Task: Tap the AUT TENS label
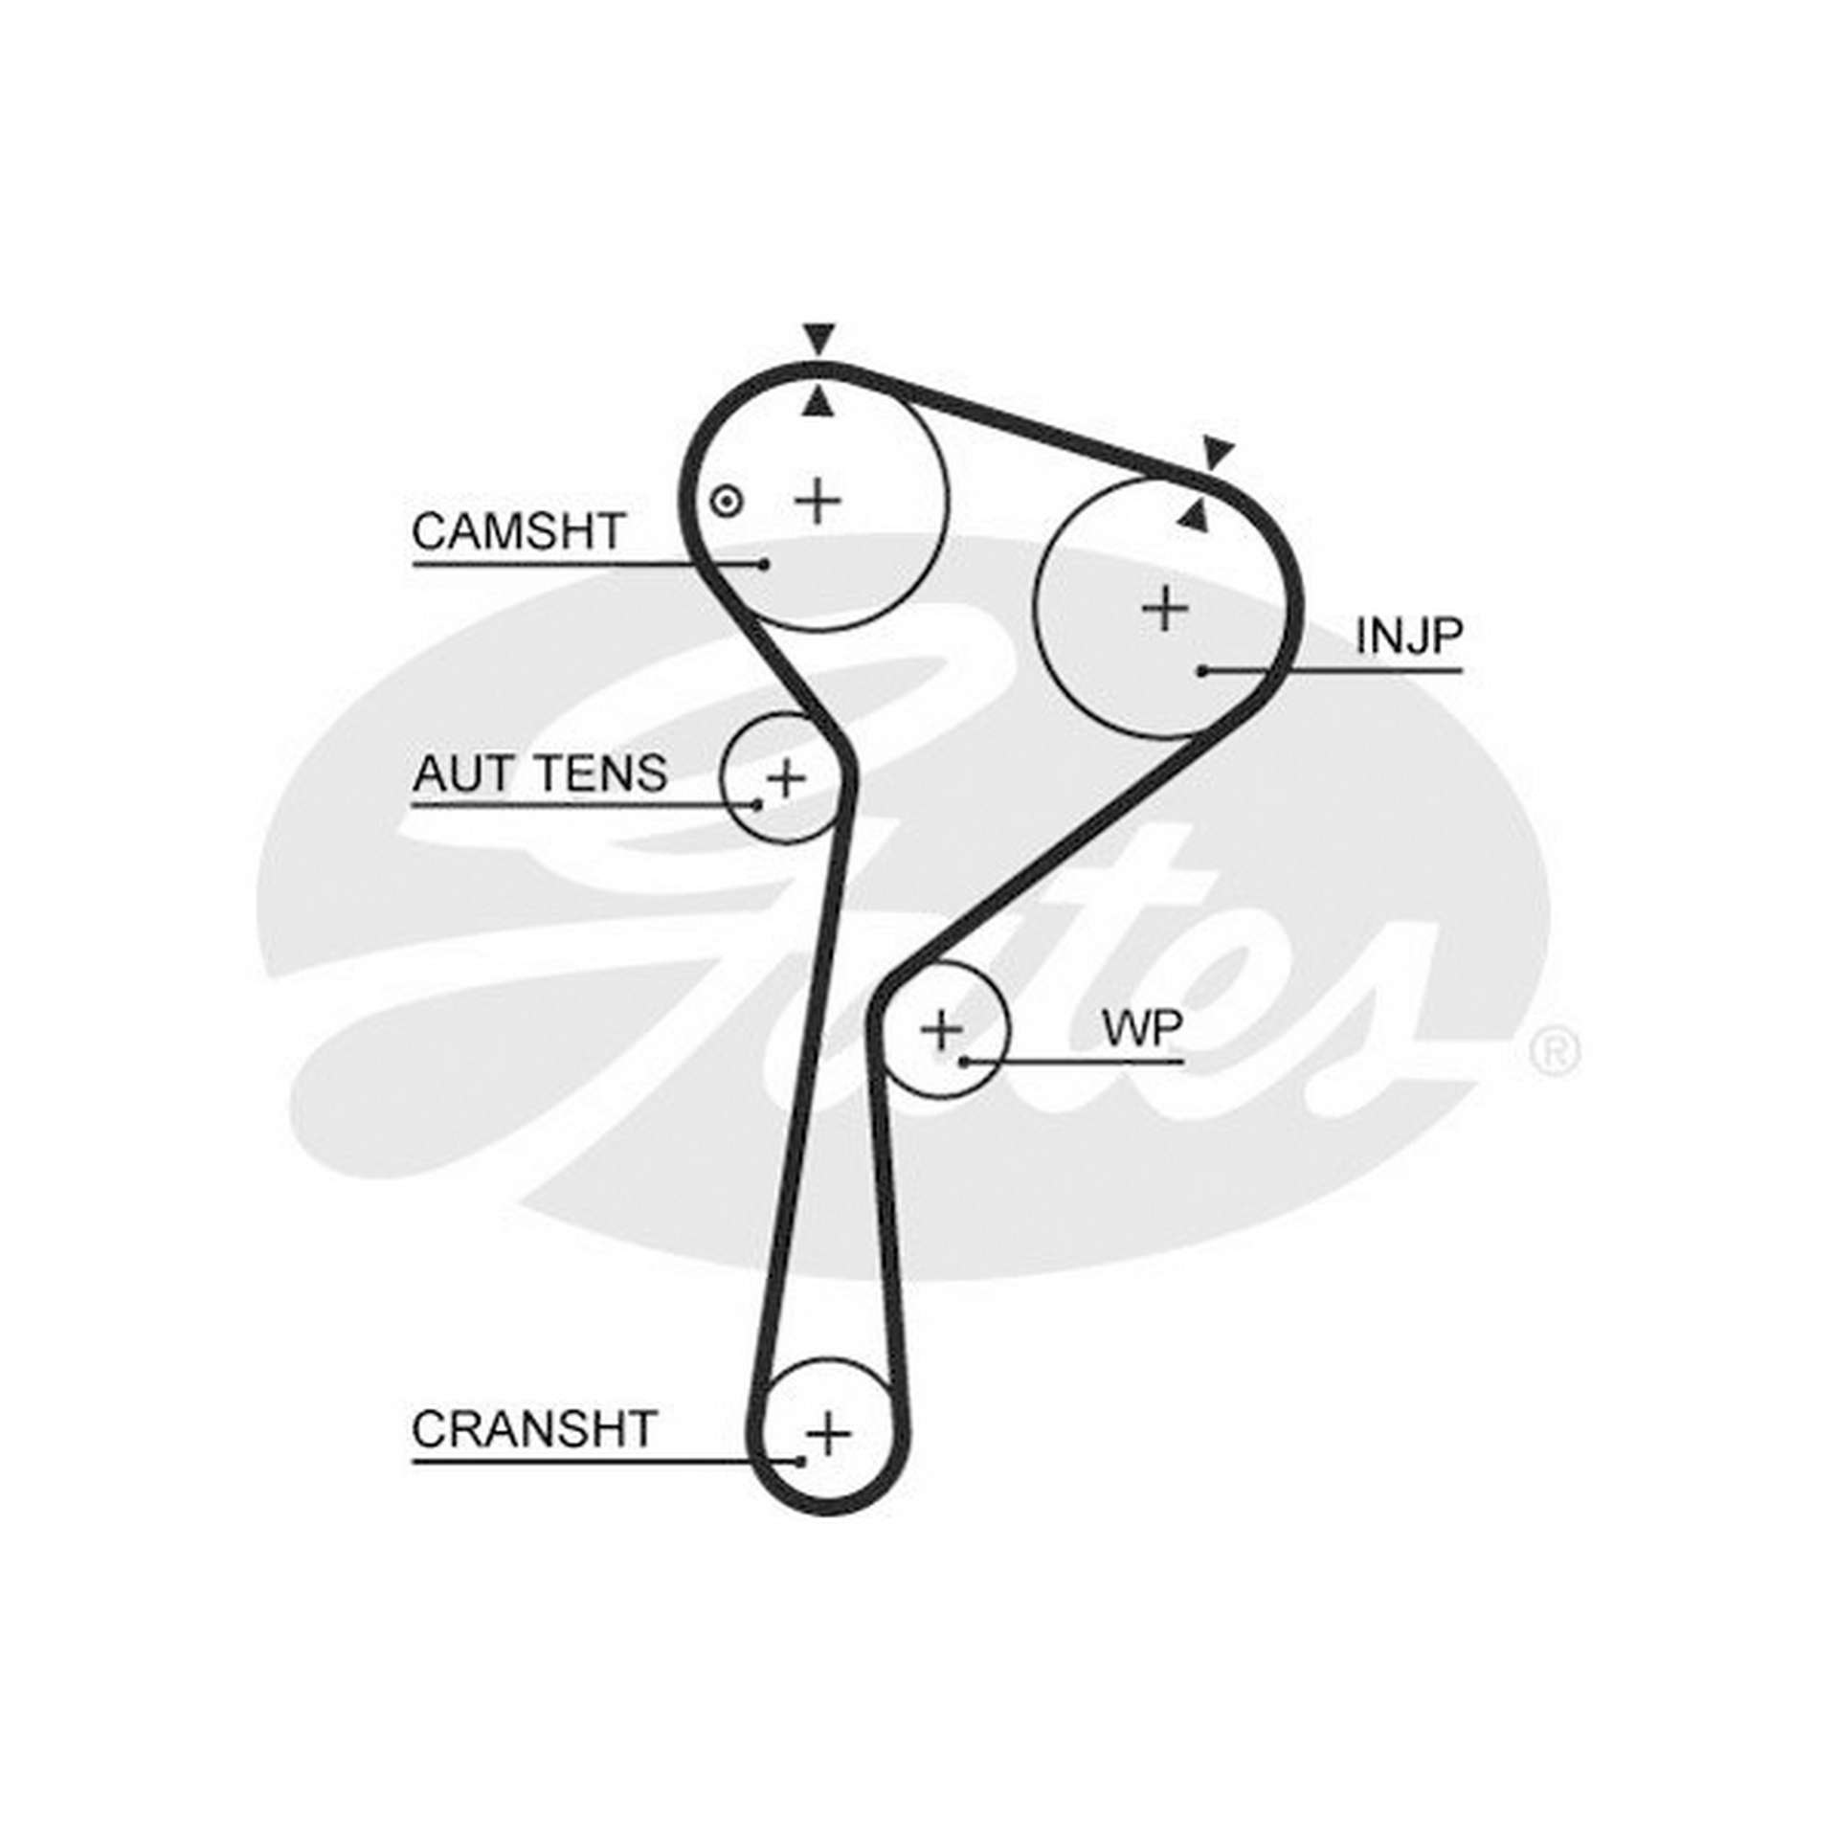[540, 773]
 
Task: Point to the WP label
[1142, 1028]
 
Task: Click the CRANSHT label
[534, 1456]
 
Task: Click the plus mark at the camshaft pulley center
[818, 501]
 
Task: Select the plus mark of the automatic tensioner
[787, 777]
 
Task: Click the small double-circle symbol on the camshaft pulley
[728, 501]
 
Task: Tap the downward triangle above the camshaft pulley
[818, 340]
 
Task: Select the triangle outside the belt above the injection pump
[1218, 453]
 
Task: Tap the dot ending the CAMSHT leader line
[764, 564]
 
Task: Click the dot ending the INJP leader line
[1202, 671]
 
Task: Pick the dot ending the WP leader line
[966, 1061]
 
